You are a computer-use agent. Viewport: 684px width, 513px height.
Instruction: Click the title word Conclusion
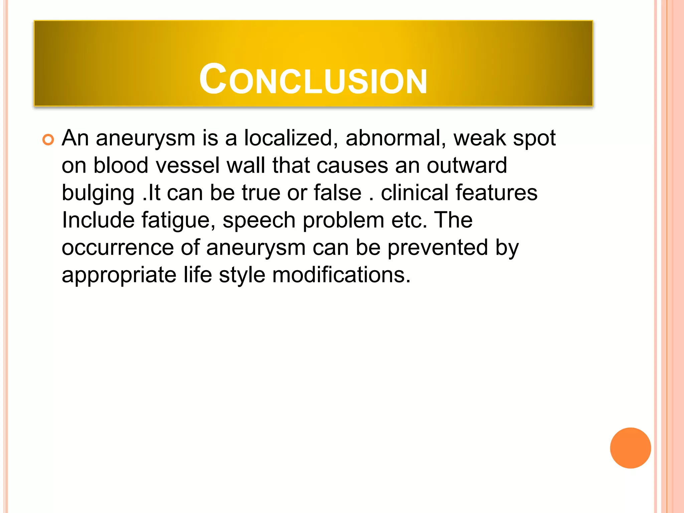point(313,79)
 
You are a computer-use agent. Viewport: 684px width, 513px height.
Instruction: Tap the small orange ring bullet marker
point(48,140)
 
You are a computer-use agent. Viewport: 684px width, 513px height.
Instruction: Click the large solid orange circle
point(630,448)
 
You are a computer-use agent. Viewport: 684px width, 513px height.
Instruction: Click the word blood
point(121,165)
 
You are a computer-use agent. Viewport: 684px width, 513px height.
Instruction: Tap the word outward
point(467,165)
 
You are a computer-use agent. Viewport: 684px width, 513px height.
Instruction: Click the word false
point(337,193)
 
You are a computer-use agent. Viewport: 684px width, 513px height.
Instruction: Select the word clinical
point(414,193)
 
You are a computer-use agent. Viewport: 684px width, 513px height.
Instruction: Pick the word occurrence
point(118,248)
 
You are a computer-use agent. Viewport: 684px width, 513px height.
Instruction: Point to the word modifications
point(341,275)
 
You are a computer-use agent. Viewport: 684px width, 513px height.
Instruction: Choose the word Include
point(98,220)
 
